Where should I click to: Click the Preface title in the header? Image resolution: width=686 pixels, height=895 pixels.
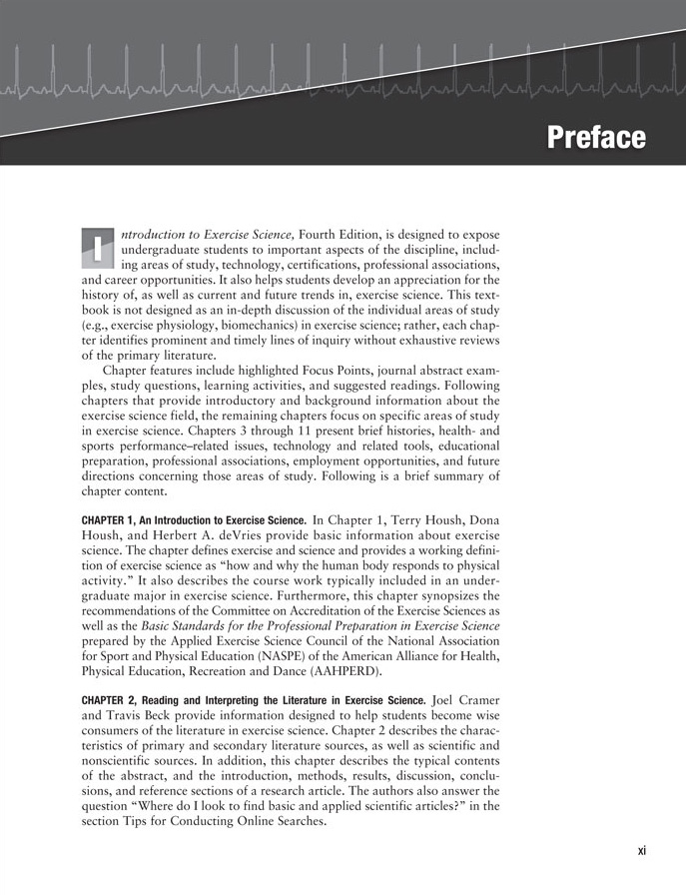click(x=596, y=137)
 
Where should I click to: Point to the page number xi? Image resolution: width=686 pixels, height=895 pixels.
click(x=641, y=851)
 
